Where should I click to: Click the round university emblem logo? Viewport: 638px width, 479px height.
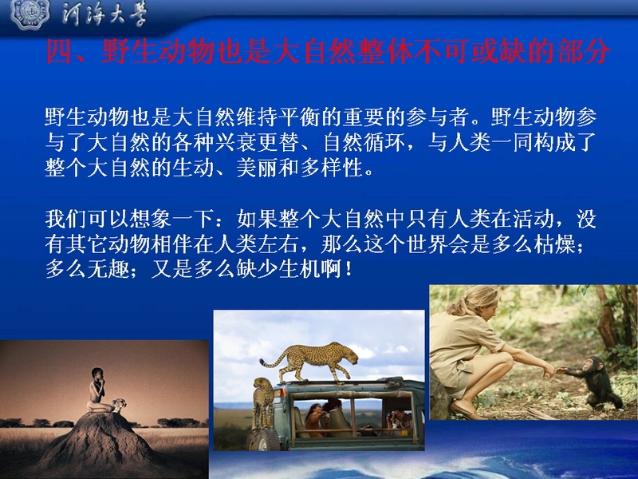tap(30, 14)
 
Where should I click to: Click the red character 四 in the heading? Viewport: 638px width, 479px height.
tap(59, 51)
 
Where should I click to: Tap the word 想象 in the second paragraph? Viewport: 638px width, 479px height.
tap(150, 219)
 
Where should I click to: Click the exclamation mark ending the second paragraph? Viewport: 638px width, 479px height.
tap(349, 270)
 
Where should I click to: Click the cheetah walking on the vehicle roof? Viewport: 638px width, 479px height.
tap(309, 361)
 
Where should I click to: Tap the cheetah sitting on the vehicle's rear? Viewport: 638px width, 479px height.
tap(263, 402)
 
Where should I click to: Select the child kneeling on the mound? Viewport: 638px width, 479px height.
tap(97, 390)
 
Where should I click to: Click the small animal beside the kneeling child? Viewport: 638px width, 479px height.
tap(119, 405)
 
